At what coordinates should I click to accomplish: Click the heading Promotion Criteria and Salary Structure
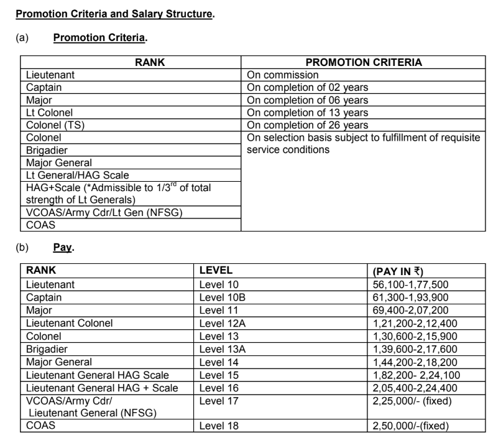point(114,13)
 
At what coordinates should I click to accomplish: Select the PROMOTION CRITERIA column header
point(364,62)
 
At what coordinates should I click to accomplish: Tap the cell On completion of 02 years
point(308,88)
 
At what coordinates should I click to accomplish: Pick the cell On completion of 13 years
point(308,113)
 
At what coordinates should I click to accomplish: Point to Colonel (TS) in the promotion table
point(55,125)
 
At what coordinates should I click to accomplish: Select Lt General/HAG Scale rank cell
point(78,175)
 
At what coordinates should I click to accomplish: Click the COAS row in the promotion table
point(40,225)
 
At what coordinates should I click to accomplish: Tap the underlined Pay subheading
point(63,248)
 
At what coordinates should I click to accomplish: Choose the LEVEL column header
point(216,271)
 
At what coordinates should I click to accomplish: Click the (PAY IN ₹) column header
point(398,271)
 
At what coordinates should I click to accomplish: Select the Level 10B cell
point(223,297)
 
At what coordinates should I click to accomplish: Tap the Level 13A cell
point(223,349)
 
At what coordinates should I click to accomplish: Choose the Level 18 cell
point(219,426)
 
